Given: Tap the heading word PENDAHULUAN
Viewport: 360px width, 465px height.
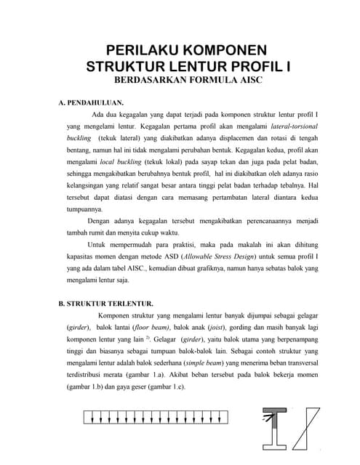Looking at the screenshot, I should [x=97, y=102].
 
